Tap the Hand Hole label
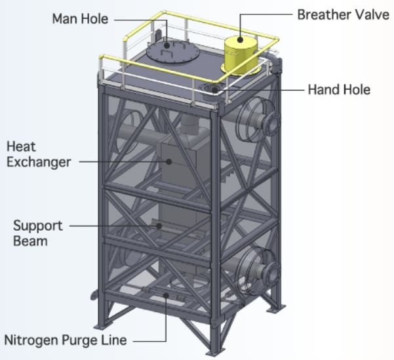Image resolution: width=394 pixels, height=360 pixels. click(x=339, y=89)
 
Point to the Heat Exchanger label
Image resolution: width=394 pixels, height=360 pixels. click(x=39, y=153)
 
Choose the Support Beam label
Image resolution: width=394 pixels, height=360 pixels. click(x=39, y=233)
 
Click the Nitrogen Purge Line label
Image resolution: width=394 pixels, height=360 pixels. click(x=66, y=340)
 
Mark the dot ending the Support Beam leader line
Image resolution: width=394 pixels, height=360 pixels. click(x=160, y=226)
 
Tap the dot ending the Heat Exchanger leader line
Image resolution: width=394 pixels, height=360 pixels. click(x=168, y=160)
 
